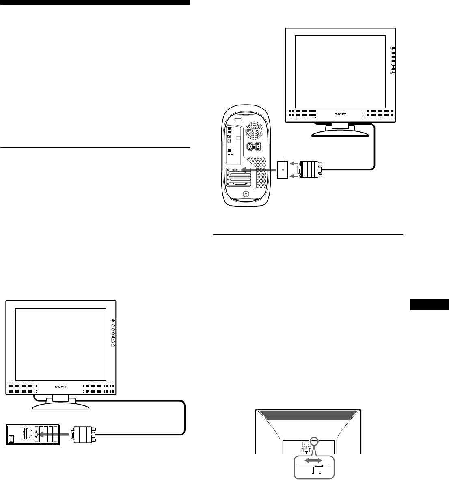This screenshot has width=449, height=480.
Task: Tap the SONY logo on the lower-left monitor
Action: [x=61, y=386]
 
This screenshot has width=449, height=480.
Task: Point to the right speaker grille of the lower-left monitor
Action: [x=98, y=387]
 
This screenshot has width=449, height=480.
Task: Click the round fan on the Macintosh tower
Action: [x=255, y=130]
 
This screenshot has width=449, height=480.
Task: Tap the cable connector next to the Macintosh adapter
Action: [x=310, y=169]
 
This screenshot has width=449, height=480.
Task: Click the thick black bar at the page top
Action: [x=95, y=3]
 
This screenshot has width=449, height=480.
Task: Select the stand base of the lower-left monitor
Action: [x=60, y=405]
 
